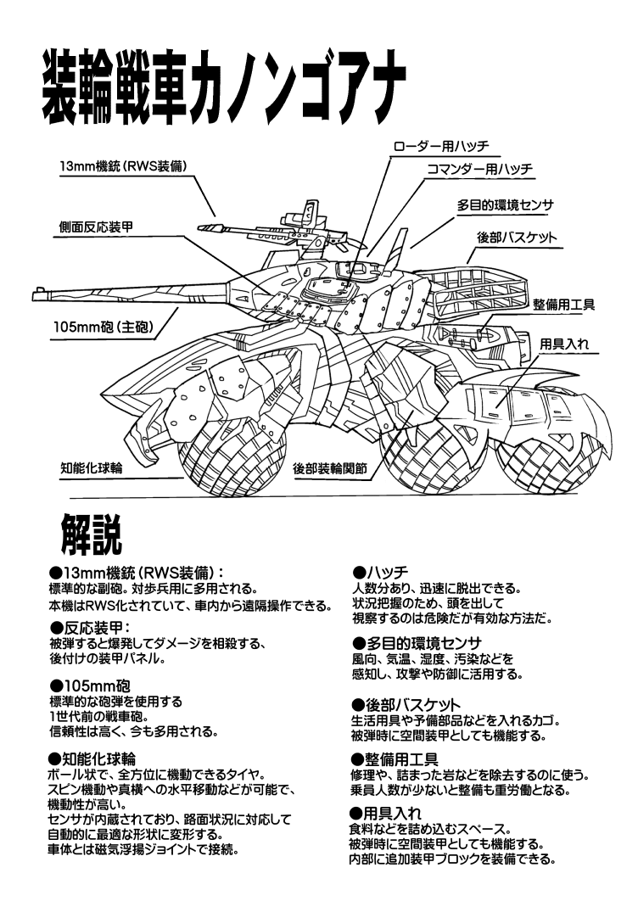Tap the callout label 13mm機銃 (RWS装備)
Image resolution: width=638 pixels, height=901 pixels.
click(118, 165)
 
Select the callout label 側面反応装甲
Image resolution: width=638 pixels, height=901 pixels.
click(94, 228)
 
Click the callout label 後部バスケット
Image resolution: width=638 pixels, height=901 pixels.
click(517, 238)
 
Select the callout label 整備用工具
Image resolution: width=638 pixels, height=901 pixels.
click(563, 304)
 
